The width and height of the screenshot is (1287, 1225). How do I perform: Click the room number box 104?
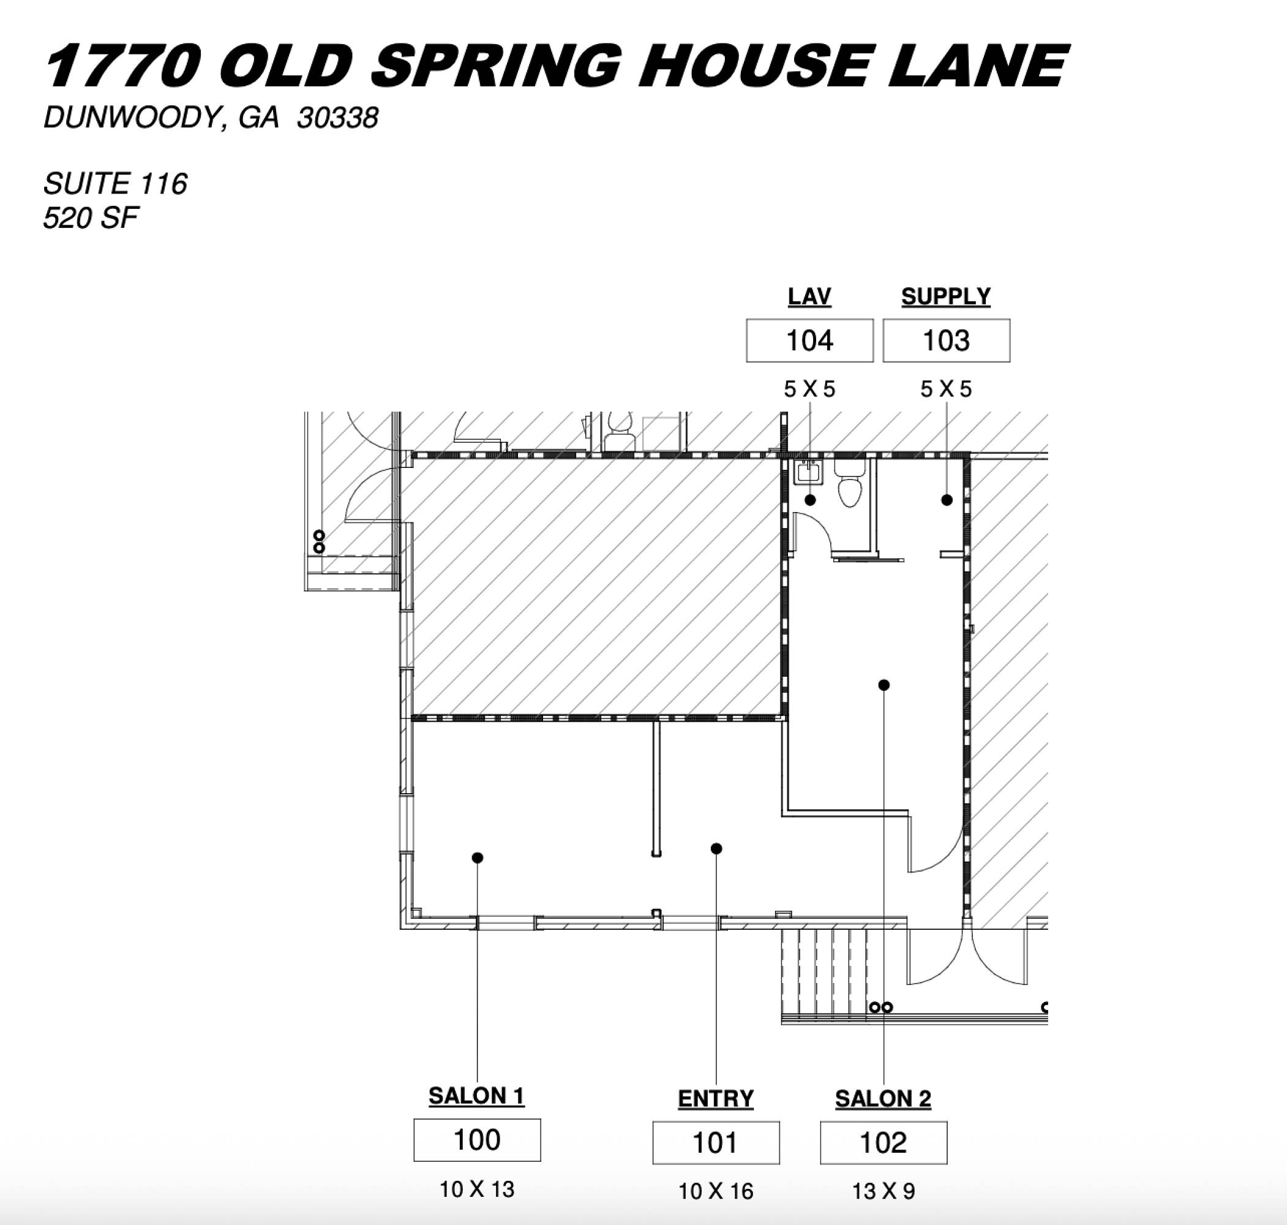pyautogui.click(x=809, y=340)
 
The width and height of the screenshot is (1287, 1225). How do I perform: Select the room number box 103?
pyautogui.click(x=947, y=340)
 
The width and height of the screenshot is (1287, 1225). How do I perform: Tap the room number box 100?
pyautogui.click(x=477, y=1139)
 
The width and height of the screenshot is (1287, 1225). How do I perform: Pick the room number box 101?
pyautogui.click(x=716, y=1142)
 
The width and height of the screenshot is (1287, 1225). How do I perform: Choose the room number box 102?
pyautogui.click(x=884, y=1142)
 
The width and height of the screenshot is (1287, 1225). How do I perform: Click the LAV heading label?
pyautogui.click(x=809, y=297)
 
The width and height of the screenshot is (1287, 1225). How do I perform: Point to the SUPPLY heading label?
pyautogui.click(x=947, y=297)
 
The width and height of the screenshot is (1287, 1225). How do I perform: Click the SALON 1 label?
pyautogui.click(x=476, y=1096)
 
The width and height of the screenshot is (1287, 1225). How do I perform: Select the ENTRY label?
pyautogui.click(x=716, y=1099)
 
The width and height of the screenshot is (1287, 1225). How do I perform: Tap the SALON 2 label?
pyautogui.click(x=883, y=1099)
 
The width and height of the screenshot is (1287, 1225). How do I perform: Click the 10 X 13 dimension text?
pyautogui.click(x=477, y=1189)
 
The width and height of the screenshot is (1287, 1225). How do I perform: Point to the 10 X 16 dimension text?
pyautogui.click(x=716, y=1192)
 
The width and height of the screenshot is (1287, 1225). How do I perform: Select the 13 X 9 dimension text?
pyautogui.click(x=884, y=1192)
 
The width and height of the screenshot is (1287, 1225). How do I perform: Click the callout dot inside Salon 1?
pyautogui.click(x=477, y=858)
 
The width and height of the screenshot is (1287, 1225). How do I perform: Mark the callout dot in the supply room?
pyautogui.click(x=947, y=500)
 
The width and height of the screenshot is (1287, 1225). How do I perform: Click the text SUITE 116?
pyautogui.click(x=116, y=184)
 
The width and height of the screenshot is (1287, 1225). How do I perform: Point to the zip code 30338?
pyautogui.click(x=337, y=118)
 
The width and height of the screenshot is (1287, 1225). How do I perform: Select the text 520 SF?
pyautogui.click(x=91, y=218)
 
